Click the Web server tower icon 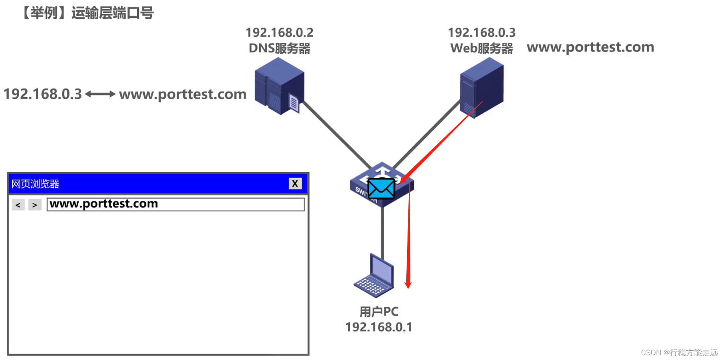pyautogui.click(x=481, y=87)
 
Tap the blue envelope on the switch pyautogui.click(x=381, y=188)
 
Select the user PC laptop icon pyautogui.click(x=374, y=277)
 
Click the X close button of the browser pyautogui.click(x=295, y=183)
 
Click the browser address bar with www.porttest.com pyautogui.click(x=176, y=204)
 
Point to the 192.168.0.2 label pyautogui.click(x=279, y=33)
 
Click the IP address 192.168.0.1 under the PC pyautogui.click(x=379, y=327)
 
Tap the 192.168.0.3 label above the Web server pyautogui.click(x=481, y=33)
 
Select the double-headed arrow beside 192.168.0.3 pyautogui.click(x=100, y=94)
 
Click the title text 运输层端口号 pyautogui.click(x=112, y=13)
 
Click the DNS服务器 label pyautogui.click(x=279, y=49)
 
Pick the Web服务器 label pyautogui.click(x=481, y=49)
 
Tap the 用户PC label pyautogui.click(x=379, y=311)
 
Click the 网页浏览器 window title pyautogui.click(x=35, y=184)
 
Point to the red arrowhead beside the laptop pyautogui.click(x=408, y=285)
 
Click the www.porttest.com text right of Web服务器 pyautogui.click(x=590, y=47)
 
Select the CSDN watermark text pyautogui.click(x=679, y=352)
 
